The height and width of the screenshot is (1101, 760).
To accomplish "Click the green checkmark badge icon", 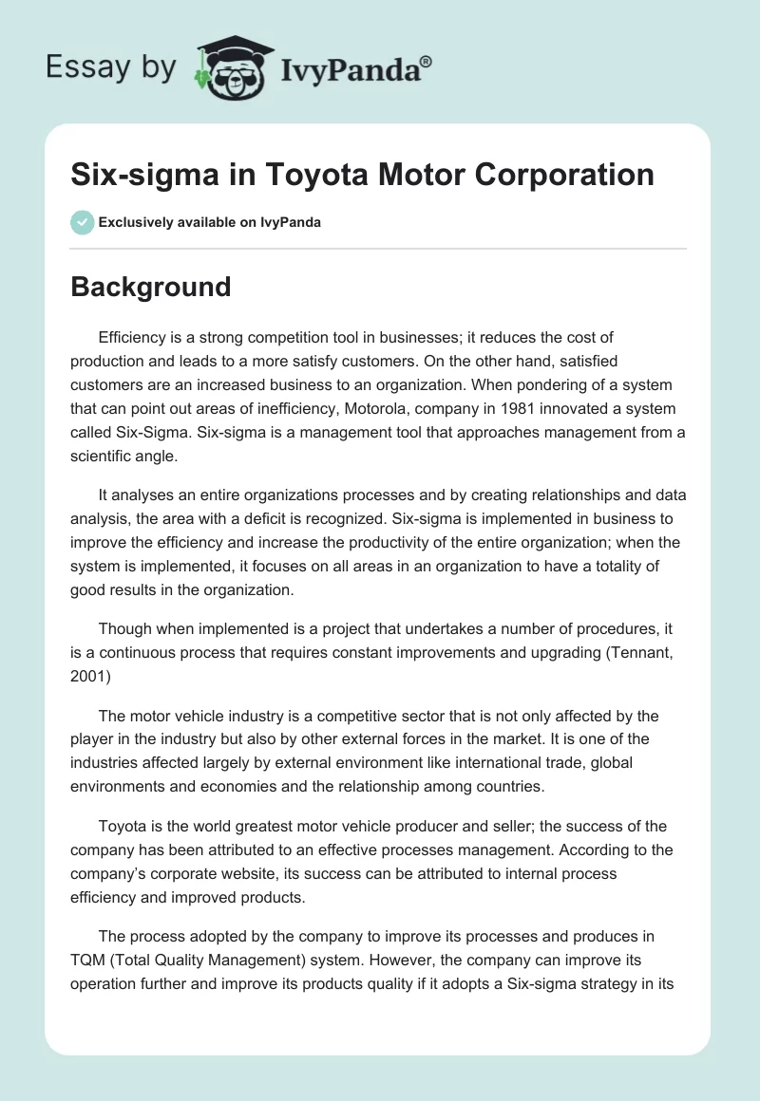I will point(82,222).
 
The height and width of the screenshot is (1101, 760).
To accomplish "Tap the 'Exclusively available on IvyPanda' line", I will point(210,222).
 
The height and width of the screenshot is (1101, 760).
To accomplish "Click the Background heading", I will point(150,287).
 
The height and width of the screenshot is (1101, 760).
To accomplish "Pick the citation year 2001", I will point(88,660).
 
